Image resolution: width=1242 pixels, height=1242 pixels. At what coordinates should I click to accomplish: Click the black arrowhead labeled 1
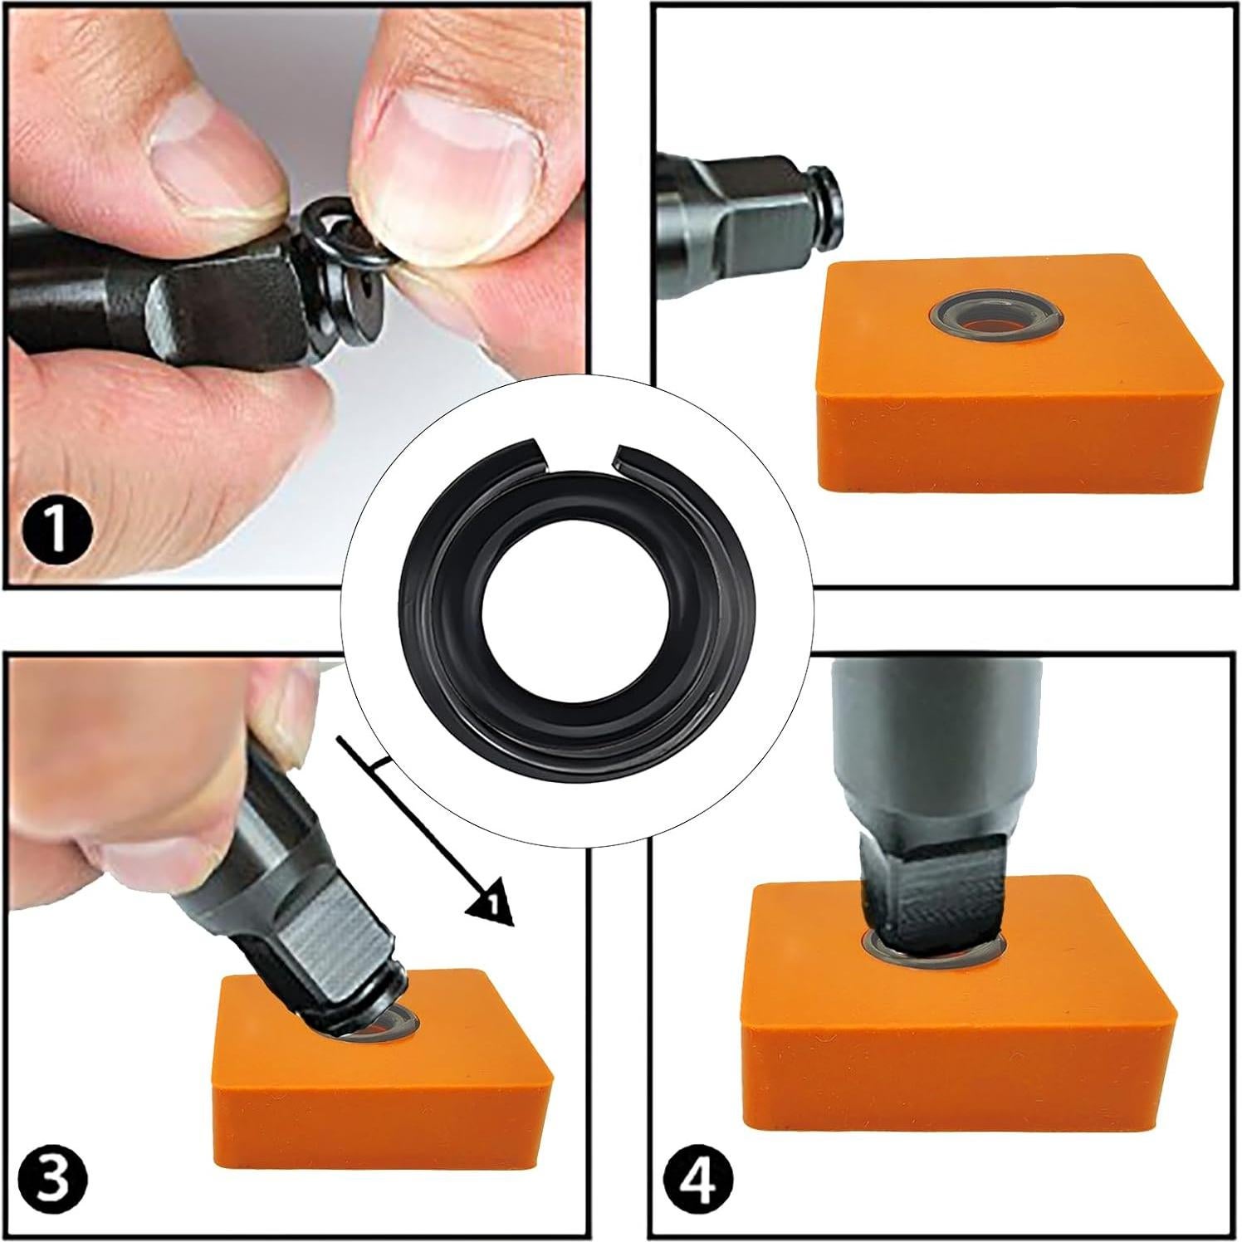click(490, 907)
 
